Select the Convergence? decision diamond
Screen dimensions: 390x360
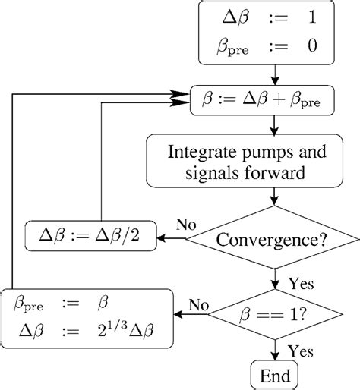click(x=272, y=241)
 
